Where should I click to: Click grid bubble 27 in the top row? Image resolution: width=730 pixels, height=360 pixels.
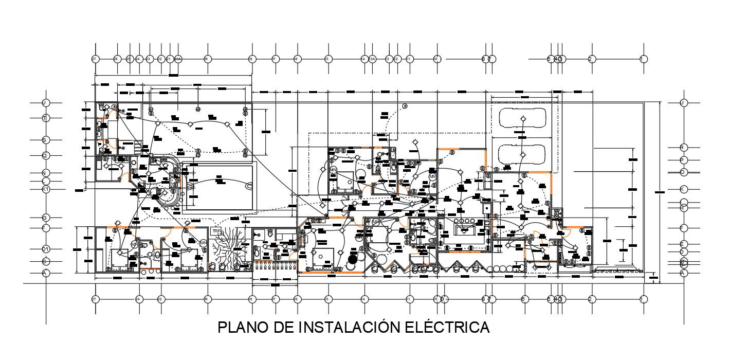(95, 59)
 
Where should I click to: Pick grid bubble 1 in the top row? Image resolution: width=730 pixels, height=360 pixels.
(643, 59)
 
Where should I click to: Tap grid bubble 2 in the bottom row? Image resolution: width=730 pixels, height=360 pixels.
(591, 299)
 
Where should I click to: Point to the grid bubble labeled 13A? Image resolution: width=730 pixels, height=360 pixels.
(373, 59)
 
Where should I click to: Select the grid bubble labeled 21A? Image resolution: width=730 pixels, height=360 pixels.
(178, 59)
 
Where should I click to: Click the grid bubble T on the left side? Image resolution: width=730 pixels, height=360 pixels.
(45, 118)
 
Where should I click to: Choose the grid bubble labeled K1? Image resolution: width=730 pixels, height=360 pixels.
(45, 189)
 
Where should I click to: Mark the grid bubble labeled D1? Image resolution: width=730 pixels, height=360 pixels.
(45, 249)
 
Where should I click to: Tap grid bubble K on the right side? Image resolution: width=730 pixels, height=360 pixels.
(683, 189)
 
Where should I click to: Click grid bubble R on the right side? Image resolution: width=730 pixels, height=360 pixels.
(683, 148)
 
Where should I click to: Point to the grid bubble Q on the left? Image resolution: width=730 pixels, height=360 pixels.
(45, 155)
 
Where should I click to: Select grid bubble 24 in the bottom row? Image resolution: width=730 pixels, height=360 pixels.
(139, 299)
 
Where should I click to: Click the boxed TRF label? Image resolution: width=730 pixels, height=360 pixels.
(216, 231)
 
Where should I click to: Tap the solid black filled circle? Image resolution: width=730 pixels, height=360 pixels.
(353, 259)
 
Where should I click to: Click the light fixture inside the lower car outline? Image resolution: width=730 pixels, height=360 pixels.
(522, 154)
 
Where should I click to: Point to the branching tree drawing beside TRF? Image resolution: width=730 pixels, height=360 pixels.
(229, 249)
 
